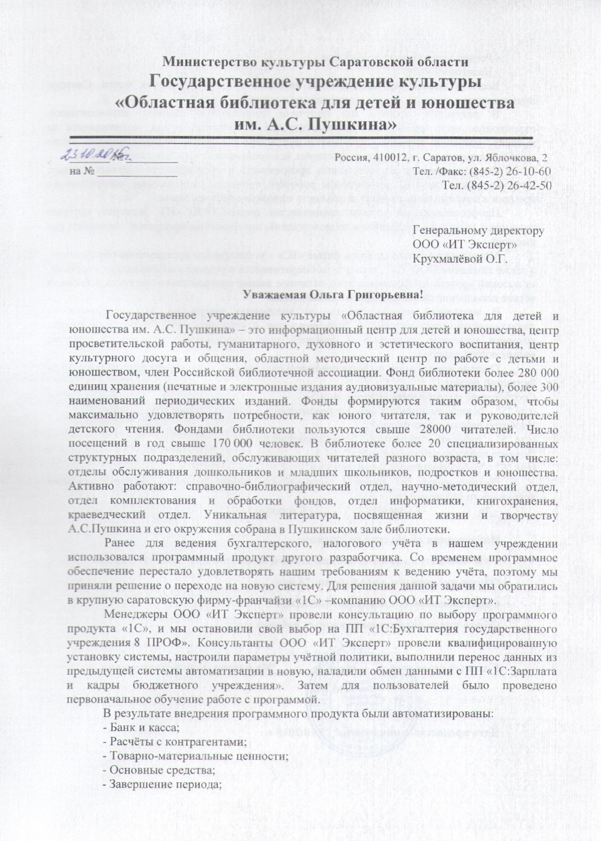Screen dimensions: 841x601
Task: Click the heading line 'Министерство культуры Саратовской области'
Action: click(316, 62)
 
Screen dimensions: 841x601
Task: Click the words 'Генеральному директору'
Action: click(478, 231)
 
